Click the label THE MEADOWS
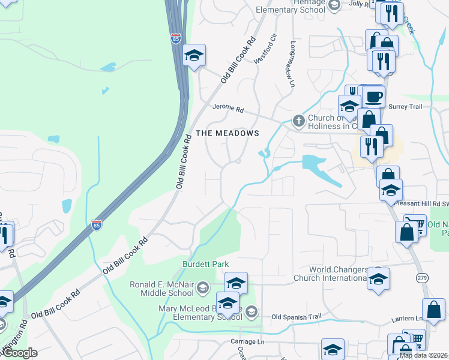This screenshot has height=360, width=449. click(227, 133)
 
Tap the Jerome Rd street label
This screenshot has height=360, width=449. click(228, 109)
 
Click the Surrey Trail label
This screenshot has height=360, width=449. click(406, 106)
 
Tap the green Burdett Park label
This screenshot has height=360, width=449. click(206, 264)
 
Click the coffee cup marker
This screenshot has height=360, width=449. click(373, 97)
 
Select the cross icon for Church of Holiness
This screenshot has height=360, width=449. click(298, 121)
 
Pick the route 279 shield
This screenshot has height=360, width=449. click(421, 278)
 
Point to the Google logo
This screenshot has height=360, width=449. click(19, 353)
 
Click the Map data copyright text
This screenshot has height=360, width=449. click(423, 355)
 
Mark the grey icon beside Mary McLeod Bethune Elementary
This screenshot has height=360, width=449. click(252, 311)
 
